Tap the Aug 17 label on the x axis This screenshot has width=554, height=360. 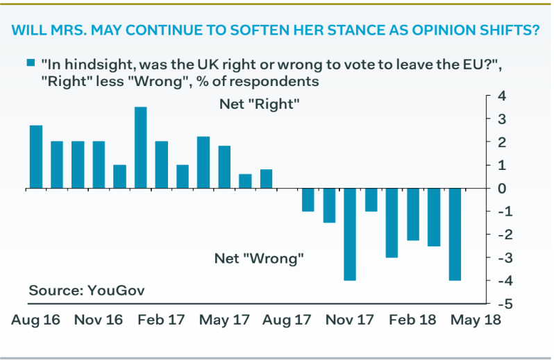tap(286, 320)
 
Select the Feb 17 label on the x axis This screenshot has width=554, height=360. tap(162, 320)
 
